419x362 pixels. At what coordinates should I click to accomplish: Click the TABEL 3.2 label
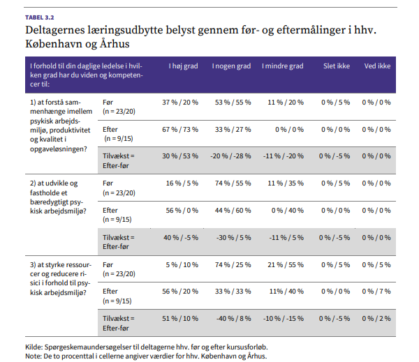(40, 17)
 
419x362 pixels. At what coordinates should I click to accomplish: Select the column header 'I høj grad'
(183, 66)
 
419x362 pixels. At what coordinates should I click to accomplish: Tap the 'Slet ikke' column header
(337, 66)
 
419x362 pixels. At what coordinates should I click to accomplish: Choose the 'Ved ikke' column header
(377, 66)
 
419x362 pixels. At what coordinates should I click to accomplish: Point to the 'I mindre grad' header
(283, 66)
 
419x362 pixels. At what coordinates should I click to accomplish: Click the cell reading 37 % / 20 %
(180, 103)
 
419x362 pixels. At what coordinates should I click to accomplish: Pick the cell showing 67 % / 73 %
(180, 130)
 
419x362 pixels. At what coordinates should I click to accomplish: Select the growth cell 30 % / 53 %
(180, 156)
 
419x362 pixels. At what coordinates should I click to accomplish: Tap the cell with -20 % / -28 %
(230, 156)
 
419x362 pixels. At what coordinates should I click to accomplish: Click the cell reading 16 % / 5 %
(182, 183)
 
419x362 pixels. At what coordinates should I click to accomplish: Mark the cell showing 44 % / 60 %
(233, 211)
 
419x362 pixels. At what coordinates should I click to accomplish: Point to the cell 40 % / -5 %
(181, 238)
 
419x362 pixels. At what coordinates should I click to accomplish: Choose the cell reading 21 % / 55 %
(286, 265)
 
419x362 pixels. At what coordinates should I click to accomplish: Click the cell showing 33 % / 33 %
(233, 292)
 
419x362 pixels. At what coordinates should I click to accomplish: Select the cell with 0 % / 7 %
(376, 292)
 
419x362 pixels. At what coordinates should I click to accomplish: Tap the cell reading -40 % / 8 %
(234, 319)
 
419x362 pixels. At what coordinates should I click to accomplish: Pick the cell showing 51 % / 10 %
(180, 319)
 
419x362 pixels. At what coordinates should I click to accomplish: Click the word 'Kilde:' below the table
(34, 347)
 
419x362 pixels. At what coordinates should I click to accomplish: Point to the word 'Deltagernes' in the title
(55, 30)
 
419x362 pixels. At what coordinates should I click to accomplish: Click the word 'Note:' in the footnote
(34, 356)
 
